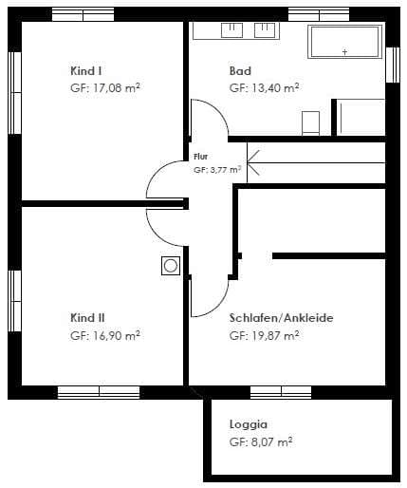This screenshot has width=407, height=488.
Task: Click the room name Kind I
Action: tap(85, 71)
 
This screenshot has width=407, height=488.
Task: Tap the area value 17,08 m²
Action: tap(117, 87)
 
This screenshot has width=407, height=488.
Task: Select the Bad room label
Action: tap(240, 71)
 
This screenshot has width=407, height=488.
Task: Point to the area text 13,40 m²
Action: tap(275, 87)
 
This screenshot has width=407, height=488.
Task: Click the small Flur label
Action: tap(200, 157)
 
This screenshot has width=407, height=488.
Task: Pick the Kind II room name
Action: tap(87, 318)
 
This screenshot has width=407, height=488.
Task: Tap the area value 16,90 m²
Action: tap(117, 335)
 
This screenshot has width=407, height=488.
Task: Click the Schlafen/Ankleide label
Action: tap(281, 318)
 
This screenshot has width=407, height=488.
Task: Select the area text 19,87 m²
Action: tap(275, 335)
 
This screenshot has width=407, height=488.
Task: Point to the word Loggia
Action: tap(249, 424)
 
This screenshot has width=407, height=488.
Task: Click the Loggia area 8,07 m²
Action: tap(271, 441)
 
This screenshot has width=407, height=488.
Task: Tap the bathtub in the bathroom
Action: tap(345, 42)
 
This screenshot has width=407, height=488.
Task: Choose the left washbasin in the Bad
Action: tap(231, 29)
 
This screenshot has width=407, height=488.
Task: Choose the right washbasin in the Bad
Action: tap(265, 29)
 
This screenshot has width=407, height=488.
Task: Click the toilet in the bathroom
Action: tap(310, 123)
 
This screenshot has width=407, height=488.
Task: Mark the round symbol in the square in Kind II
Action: tap(171, 266)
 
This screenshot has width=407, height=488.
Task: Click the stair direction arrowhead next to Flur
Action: tap(252, 162)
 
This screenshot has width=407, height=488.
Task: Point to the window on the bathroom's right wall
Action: tap(393, 65)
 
